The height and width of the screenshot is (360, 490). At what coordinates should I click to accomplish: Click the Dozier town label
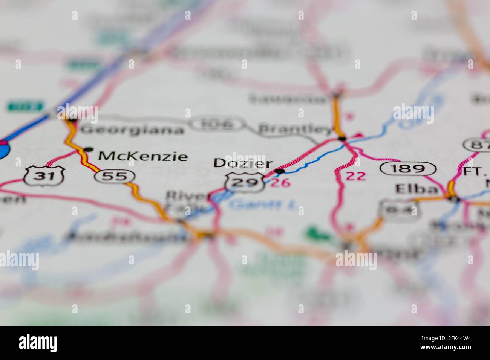click(243, 163)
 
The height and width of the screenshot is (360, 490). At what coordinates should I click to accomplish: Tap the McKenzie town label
click(142, 156)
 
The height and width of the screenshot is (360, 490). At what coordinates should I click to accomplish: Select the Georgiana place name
click(132, 130)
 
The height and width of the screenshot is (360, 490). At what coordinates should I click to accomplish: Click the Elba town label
click(416, 189)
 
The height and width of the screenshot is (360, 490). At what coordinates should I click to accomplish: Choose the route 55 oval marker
click(115, 176)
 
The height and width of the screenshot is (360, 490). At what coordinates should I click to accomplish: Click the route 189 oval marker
click(408, 168)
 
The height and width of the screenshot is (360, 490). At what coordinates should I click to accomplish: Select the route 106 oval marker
click(217, 124)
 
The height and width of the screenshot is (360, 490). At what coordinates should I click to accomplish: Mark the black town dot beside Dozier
click(279, 171)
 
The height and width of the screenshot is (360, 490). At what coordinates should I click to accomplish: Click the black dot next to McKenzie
click(88, 149)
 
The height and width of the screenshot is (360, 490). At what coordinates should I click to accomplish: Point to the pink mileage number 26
click(281, 183)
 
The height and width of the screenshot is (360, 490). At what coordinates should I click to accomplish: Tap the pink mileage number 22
click(355, 175)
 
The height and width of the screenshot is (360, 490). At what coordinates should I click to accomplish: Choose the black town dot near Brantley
click(342, 139)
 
